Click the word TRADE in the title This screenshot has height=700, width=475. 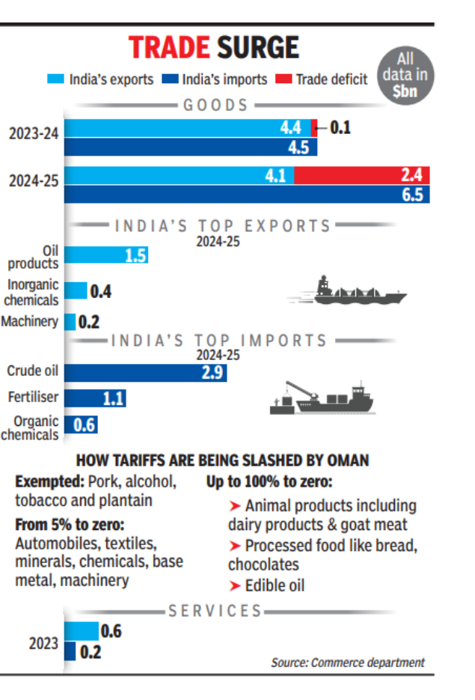click(x=169, y=47)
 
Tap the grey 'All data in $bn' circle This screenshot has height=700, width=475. click(x=405, y=76)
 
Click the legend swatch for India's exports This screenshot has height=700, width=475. click(x=56, y=79)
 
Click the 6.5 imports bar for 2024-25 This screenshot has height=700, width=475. click(x=247, y=195)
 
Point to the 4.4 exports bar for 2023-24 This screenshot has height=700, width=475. click(x=187, y=128)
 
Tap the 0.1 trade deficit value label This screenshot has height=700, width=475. click(x=340, y=128)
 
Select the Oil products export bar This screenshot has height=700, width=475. click(x=106, y=255)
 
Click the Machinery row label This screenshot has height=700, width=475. click(x=30, y=321)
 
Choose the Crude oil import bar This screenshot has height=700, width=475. click(x=146, y=372)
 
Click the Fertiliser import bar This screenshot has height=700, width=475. click(x=95, y=398)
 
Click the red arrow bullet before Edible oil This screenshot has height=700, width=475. click(x=234, y=585)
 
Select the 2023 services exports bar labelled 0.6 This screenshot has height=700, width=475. click(x=82, y=631)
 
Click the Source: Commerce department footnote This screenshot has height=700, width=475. click(x=347, y=662)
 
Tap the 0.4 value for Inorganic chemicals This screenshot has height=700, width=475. click(x=100, y=291)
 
